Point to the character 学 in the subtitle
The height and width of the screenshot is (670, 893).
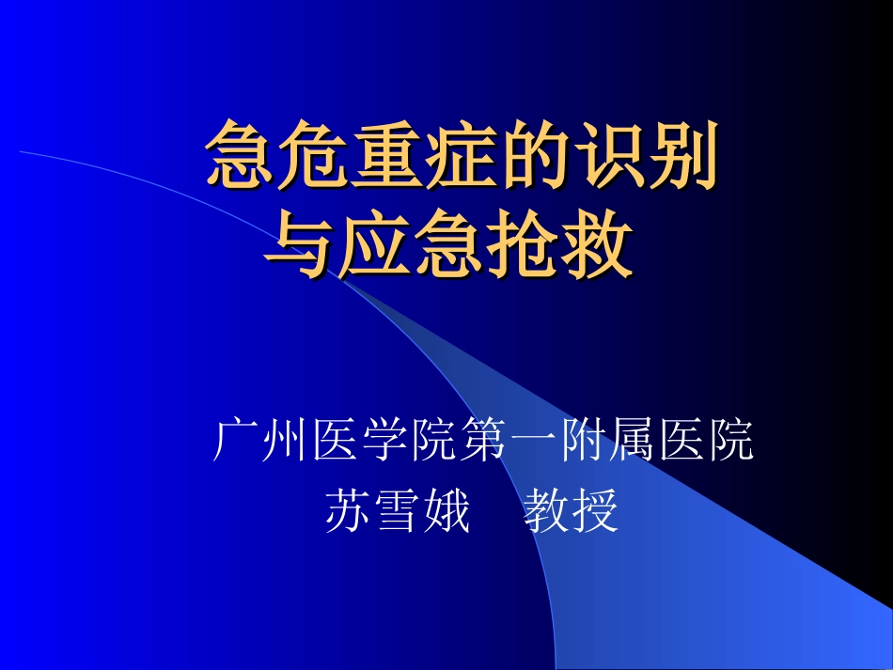pos(385,442)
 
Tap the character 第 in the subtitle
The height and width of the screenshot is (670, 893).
pos(484,442)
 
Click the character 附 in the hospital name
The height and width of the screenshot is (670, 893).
pos(583,442)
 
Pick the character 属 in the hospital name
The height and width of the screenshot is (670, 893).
pos(632,442)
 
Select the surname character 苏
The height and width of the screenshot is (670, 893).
pos(348,513)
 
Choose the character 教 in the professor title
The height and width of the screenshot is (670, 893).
pos(546,513)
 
